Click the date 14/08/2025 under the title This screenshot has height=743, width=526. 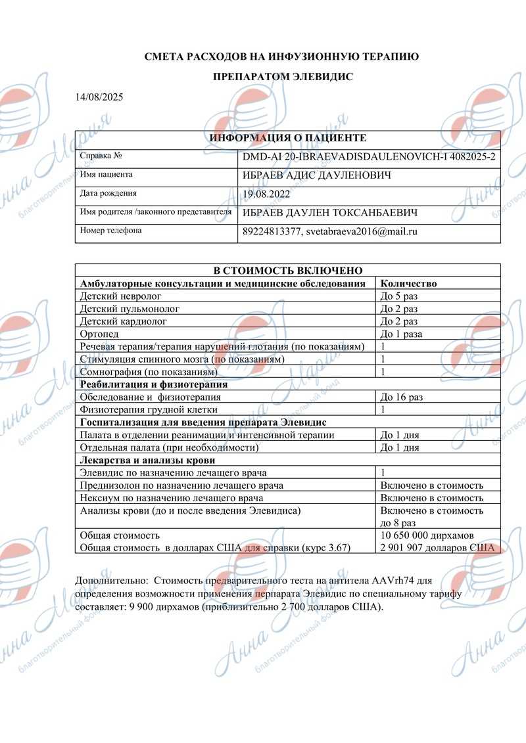(x=99, y=97)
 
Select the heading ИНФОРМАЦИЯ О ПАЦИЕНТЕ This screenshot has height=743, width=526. (x=287, y=138)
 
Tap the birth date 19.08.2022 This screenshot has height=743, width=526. (x=266, y=194)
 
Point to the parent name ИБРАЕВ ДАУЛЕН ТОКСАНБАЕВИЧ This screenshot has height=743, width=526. (x=330, y=213)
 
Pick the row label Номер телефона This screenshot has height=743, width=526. (x=110, y=231)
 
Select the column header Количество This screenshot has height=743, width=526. (x=408, y=283)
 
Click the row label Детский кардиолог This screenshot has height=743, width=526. (x=123, y=321)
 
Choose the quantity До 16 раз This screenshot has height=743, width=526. (x=402, y=397)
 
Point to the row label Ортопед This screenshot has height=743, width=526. (x=97, y=334)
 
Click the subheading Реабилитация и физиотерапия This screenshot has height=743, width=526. (x=153, y=384)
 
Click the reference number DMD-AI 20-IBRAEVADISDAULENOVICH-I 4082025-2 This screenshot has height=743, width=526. (x=369, y=157)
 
